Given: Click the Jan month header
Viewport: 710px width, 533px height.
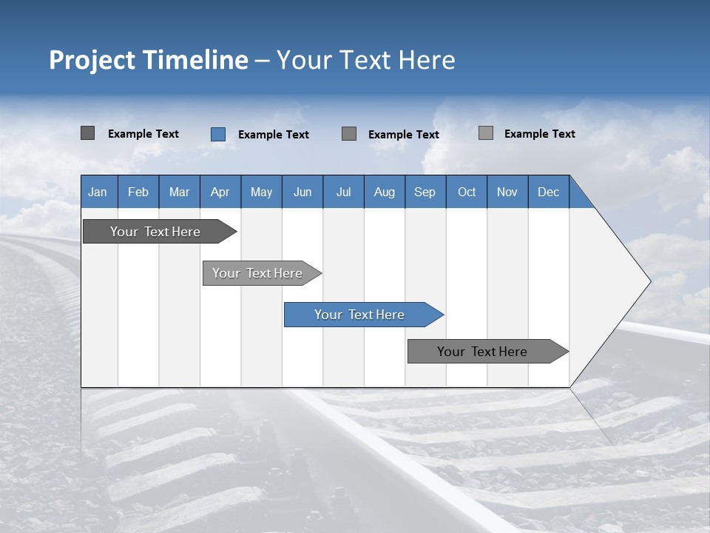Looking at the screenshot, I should pos(98,192).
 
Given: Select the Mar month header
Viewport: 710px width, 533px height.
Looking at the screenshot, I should pos(179,192).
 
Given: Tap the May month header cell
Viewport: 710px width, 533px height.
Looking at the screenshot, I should pos(261,192).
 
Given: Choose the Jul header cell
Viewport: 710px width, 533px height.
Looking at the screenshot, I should pos(343,192).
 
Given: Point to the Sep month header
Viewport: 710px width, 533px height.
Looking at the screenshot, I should pos(425,192).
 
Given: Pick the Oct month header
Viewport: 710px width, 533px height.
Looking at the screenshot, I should pos(466,192).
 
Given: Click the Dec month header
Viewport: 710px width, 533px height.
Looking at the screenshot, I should pos(548,192).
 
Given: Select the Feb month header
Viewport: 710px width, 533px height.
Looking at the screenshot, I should pos(138,192).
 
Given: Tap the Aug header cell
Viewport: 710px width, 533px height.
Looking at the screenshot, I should pos(384,192).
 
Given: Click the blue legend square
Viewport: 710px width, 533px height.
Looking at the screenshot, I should pos(218,134).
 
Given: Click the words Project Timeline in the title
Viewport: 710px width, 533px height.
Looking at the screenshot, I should pos(148,60).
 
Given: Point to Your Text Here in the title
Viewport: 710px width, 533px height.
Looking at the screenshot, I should pos(365,60).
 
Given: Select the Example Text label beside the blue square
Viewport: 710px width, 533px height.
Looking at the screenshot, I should pos(273,135).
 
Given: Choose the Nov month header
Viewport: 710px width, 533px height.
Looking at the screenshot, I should pos(507,192).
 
